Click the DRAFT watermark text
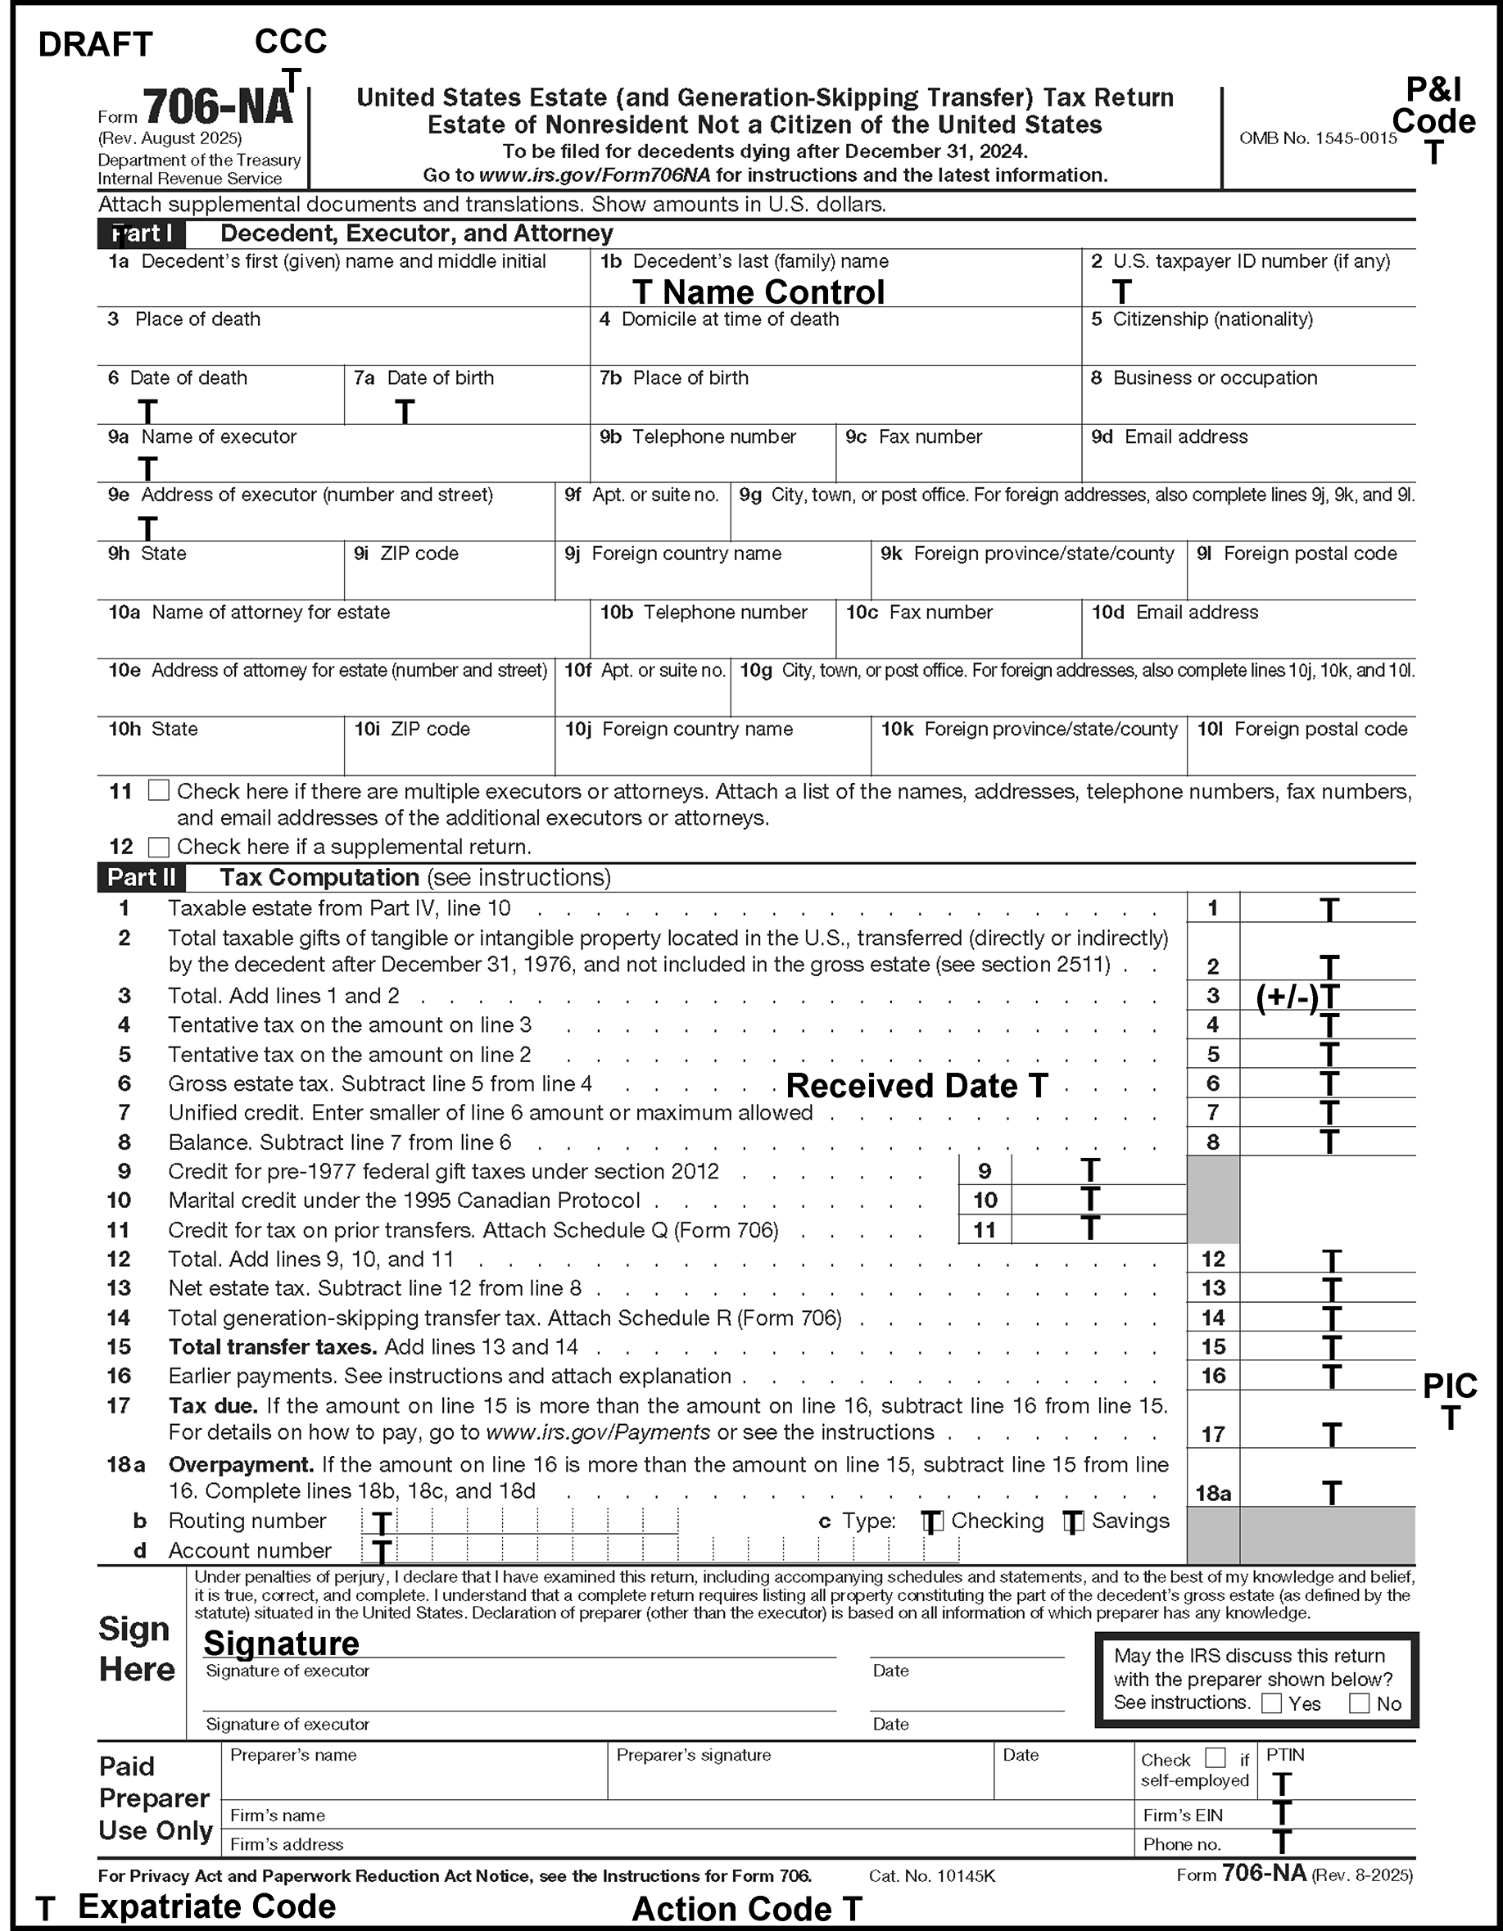tap(96, 44)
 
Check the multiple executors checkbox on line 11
tap(158, 790)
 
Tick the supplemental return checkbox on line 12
tap(158, 847)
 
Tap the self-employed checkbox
tap(1216, 1757)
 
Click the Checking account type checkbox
tap(933, 1522)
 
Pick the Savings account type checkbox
tap(1073, 1522)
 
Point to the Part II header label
tap(142, 878)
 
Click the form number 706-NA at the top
tap(218, 108)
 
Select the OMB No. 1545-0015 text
tap(1317, 138)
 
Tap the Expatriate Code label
tap(207, 1906)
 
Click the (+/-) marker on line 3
tap(1288, 997)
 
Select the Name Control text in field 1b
tap(772, 292)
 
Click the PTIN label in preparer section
tap(1285, 1755)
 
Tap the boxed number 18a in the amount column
tap(1213, 1495)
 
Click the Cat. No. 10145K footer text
tap(932, 1876)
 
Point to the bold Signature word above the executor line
tap(281, 1643)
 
